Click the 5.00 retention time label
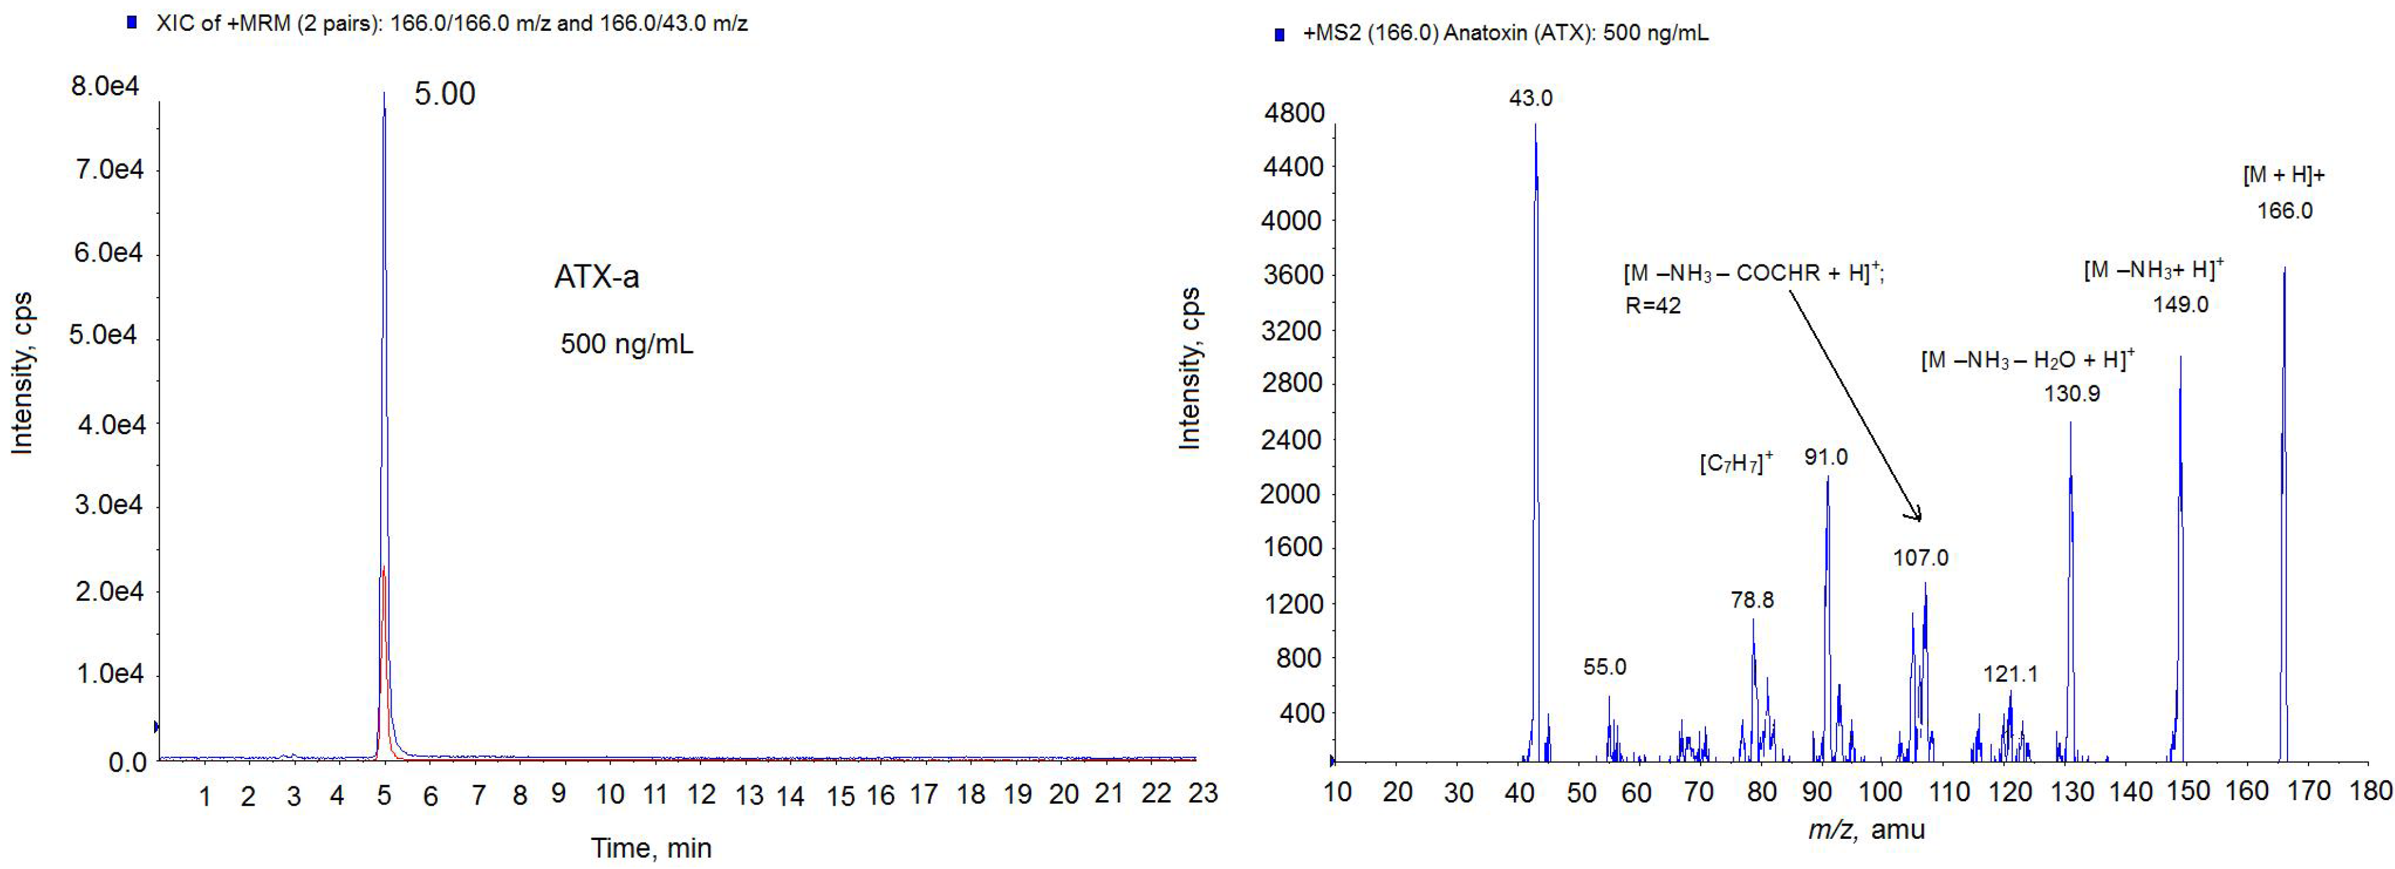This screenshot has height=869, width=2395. click(x=444, y=94)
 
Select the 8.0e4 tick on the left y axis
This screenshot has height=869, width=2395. click(x=105, y=86)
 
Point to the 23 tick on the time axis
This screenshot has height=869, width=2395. click(x=1203, y=793)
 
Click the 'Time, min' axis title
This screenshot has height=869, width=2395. click(x=651, y=848)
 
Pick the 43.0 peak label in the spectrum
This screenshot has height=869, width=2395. click(x=1530, y=98)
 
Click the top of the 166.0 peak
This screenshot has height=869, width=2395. click(x=2284, y=269)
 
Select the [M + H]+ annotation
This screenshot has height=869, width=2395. click(x=2283, y=175)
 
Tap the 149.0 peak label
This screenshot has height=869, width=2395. click(x=2180, y=304)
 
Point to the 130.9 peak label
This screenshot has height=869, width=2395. click(x=2072, y=393)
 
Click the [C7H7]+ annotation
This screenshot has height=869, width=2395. click(x=1736, y=462)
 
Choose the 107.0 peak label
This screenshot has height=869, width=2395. click(x=1921, y=557)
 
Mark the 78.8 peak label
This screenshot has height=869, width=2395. click(x=1751, y=600)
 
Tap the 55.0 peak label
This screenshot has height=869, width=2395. click(x=1605, y=666)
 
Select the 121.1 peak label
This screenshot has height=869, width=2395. click(x=2010, y=674)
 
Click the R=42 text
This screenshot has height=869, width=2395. click(x=1652, y=306)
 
